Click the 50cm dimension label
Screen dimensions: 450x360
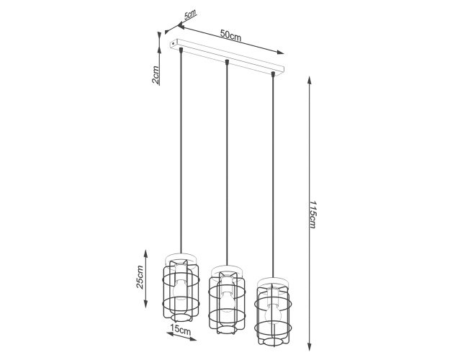pos(230,35)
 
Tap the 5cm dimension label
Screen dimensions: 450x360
pos(190,14)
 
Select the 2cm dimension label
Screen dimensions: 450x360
pos(156,75)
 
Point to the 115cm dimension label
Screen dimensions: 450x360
pos(312,215)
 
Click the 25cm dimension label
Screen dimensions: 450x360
pos(140,277)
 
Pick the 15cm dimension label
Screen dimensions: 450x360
pos(180,329)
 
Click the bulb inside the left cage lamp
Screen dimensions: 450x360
pos(181,289)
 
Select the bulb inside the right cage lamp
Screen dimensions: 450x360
pos(272,315)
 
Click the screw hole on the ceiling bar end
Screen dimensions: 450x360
pos(173,43)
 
